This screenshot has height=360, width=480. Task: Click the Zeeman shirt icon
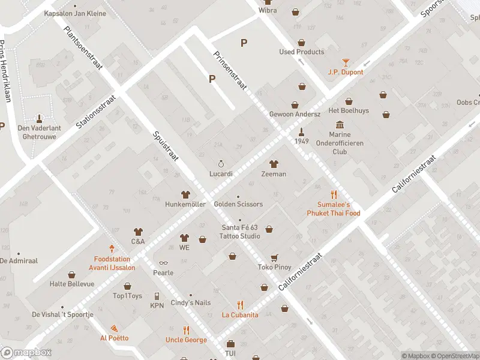point(274,164)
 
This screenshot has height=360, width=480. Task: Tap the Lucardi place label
point(221,173)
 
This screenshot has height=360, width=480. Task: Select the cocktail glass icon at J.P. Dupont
point(345,62)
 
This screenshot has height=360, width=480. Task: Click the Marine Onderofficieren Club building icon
point(340,125)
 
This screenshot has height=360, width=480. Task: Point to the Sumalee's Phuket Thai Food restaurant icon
point(334,194)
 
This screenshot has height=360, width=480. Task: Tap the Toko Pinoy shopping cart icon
point(274,257)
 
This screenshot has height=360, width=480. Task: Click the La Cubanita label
point(240,314)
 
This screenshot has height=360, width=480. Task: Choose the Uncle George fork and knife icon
point(186,330)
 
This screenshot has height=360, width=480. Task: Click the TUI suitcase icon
point(230,344)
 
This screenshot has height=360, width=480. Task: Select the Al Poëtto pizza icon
point(113,328)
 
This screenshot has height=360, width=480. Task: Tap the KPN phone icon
point(157,296)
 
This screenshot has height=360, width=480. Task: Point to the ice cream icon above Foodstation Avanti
point(111,248)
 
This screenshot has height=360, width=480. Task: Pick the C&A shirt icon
point(138,232)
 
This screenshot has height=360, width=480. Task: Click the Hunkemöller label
point(185,204)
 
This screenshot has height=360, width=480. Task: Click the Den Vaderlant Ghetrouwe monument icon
point(40,118)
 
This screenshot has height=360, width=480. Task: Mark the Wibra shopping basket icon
point(295,11)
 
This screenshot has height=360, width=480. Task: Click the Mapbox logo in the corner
point(26,353)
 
